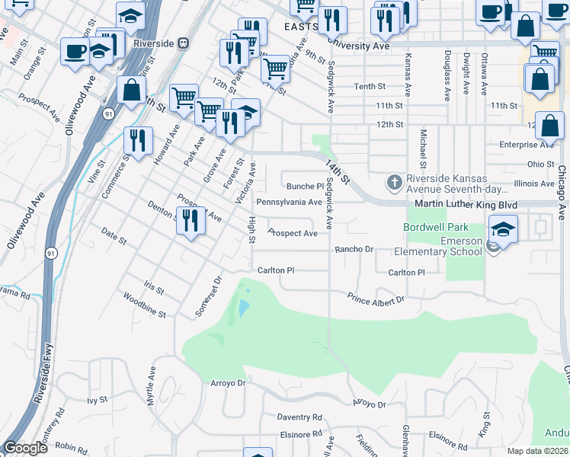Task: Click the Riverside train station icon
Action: (183, 43)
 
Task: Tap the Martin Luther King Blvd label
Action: (466, 205)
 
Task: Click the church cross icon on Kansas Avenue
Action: (394, 182)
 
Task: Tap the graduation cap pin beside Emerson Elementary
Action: (504, 228)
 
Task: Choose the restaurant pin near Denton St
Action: (191, 222)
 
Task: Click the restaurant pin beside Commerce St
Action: (138, 142)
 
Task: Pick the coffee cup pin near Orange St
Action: (75, 53)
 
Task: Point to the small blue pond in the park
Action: (242, 307)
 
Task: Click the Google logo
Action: (25, 448)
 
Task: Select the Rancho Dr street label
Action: (354, 249)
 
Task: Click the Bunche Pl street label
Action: (305, 186)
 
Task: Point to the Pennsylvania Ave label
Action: (289, 202)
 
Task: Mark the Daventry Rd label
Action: (299, 417)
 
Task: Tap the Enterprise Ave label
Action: (526, 144)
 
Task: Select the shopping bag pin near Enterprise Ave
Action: (552, 125)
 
